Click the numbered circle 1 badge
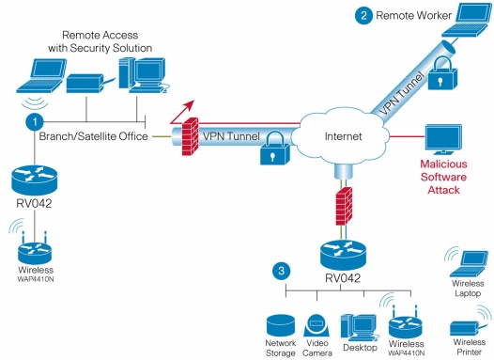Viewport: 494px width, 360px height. (x=35, y=121)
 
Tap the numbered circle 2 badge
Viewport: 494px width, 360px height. (x=363, y=15)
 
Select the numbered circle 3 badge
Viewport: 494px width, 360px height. (x=282, y=271)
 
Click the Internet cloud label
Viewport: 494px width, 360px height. (x=343, y=136)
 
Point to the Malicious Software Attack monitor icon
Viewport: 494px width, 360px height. (x=443, y=139)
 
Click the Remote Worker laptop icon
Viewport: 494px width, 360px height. (x=467, y=21)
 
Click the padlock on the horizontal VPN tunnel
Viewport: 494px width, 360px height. (x=274, y=149)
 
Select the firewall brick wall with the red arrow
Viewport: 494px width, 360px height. (x=191, y=136)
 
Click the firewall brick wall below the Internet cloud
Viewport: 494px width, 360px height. (x=344, y=206)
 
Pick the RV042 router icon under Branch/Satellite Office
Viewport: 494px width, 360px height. (x=35, y=180)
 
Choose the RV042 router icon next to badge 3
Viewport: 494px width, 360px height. (x=343, y=255)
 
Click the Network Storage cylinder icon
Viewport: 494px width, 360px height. (x=281, y=325)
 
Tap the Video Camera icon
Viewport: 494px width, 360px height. (x=316, y=325)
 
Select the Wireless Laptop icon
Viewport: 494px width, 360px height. (x=467, y=262)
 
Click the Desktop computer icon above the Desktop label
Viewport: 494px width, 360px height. (x=359, y=327)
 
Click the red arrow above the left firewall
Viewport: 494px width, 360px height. (x=182, y=112)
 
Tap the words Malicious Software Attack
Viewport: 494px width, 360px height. (x=443, y=177)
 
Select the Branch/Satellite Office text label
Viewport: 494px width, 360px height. (x=94, y=136)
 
